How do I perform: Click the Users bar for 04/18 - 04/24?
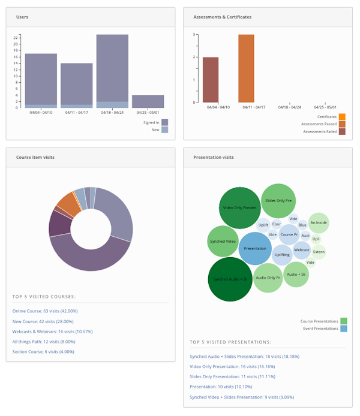pyautogui.click(x=112, y=69)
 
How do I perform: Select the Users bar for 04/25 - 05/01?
pyautogui.click(x=148, y=101)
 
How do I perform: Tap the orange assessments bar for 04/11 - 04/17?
pyautogui.click(x=246, y=68)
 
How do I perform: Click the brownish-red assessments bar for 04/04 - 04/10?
pyautogui.click(x=211, y=80)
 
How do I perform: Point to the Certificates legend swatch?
pyautogui.click(x=342, y=117)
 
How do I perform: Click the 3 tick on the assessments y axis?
pyautogui.click(x=194, y=35)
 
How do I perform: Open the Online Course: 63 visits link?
pyautogui.click(x=45, y=311)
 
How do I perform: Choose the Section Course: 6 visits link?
pyautogui.click(x=43, y=352)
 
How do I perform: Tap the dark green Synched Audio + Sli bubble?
pyautogui.click(x=230, y=279)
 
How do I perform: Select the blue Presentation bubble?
pyautogui.click(x=255, y=248)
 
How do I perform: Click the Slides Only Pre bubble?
pyautogui.click(x=278, y=201)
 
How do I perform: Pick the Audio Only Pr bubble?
pyautogui.click(x=268, y=278)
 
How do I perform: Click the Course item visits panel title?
pyautogui.click(x=35, y=158)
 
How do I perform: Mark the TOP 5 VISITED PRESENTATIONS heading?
pyautogui.click(x=230, y=342)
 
